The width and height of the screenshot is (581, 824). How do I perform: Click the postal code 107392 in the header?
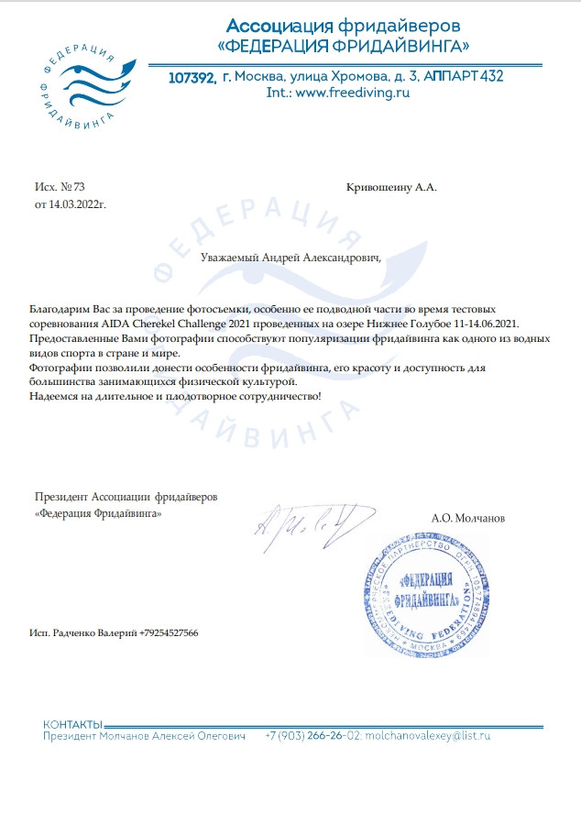(193, 78)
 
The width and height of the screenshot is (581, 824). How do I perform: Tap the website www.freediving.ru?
(351, 93)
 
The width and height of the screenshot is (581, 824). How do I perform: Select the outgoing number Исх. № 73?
(60, 187)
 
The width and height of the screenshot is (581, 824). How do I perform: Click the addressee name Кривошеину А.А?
(392, 187)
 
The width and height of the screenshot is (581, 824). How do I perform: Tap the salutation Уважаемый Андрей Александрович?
(290, 258)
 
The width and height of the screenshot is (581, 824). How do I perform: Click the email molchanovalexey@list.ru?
(428, 736)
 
